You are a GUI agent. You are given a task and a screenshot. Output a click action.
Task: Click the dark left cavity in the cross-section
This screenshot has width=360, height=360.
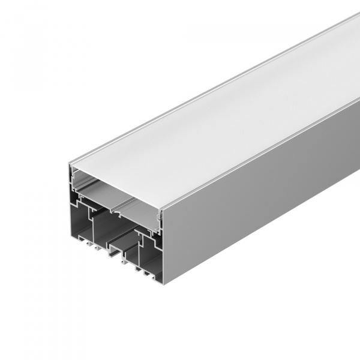click(81, 222)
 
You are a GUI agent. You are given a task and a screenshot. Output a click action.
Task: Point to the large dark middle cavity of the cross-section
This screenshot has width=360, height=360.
click(108, 228)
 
